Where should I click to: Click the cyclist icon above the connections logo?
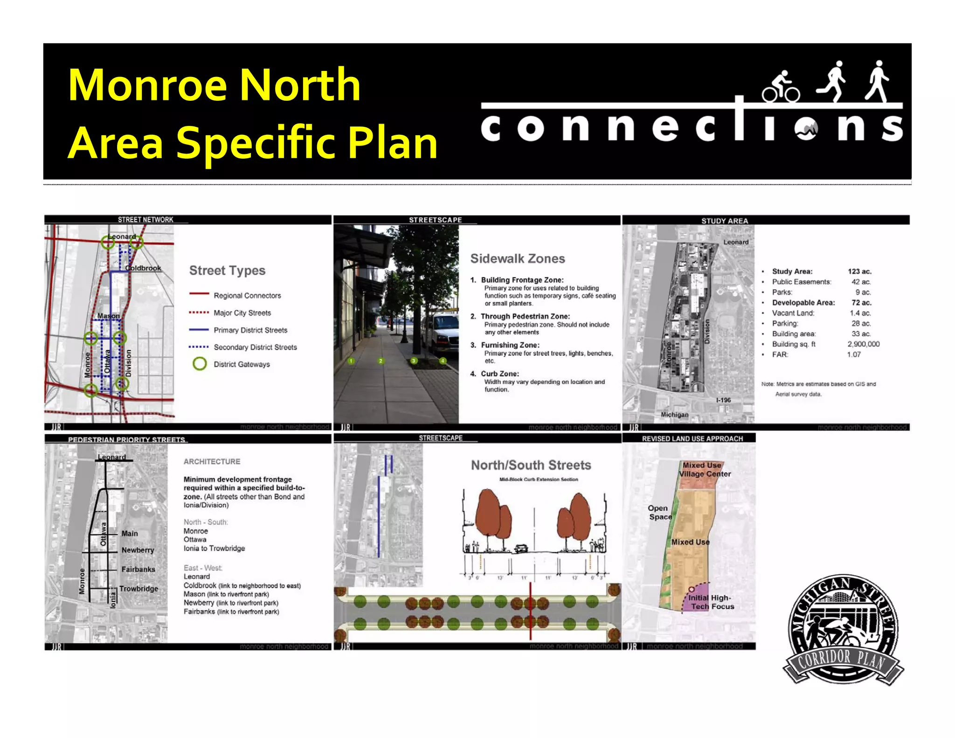click(x=781, y=87)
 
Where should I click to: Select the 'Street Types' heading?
click(x=227, y=271)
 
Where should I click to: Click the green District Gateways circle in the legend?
click(x=200, y=364)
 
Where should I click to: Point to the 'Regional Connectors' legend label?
click(x=247, y=296)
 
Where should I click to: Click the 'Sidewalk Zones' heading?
click(x=517, y=259)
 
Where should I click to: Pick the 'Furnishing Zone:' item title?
click(x=510, y=345)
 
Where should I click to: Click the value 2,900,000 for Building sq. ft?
click(x=863, y=344)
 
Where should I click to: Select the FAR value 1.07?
click(x=854, y=355)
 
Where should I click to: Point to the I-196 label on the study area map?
click(x=723, y=400)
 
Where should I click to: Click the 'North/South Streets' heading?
click(x=531, y=465)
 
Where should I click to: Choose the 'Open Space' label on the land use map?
click(x=659, y=512)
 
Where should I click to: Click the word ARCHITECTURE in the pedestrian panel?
click(x=212, y=461)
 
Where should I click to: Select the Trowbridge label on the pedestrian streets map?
click(x=138, y=589)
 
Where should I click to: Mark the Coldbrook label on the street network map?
click(x=143, y=268)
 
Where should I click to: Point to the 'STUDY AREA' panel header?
click(x=724, y=221)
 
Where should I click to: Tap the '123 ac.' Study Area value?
click(x=859, y=272)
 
